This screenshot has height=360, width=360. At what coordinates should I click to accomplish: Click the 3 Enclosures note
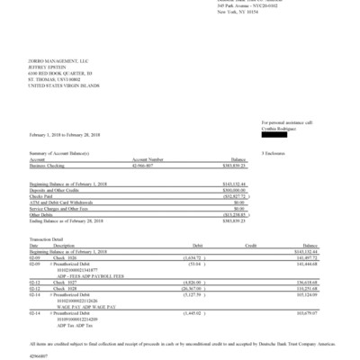pyautogui.click(x=271, y=155)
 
